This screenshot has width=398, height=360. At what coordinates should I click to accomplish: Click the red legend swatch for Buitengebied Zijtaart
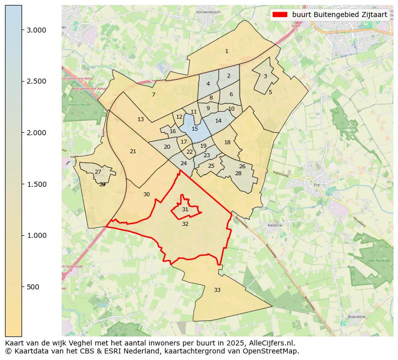(x=280, y=15)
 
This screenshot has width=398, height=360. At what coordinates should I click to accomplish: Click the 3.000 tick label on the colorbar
(x=37, y=30)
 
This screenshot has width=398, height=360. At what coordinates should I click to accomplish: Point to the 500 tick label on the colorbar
(x=33, y=287)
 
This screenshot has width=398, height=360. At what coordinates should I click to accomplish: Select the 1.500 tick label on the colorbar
(x=37, y=184)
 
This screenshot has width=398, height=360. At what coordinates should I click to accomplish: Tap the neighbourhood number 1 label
(x=227, y=51)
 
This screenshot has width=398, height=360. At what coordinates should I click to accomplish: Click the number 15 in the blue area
(x=195, y=129)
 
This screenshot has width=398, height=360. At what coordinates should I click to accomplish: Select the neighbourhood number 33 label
(x=217, y=290)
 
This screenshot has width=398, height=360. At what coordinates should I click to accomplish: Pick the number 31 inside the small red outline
(x=185, y=209)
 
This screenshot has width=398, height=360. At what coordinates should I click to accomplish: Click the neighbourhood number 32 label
(x=185, y=224)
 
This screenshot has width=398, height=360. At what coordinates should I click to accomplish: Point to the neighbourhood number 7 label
(x=153, y=95)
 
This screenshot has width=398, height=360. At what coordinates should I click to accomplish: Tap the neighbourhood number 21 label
(x=133, y=151)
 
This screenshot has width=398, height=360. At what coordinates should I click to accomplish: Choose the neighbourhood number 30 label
(x=146, y=194)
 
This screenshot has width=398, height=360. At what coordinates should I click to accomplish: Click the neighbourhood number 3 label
(x=265, y=76)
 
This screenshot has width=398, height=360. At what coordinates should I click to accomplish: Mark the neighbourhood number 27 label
(x=98, y=172)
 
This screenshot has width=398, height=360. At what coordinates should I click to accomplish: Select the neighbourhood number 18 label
(x=227, y=142)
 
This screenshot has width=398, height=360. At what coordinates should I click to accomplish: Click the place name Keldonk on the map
(x=275, y=225)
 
